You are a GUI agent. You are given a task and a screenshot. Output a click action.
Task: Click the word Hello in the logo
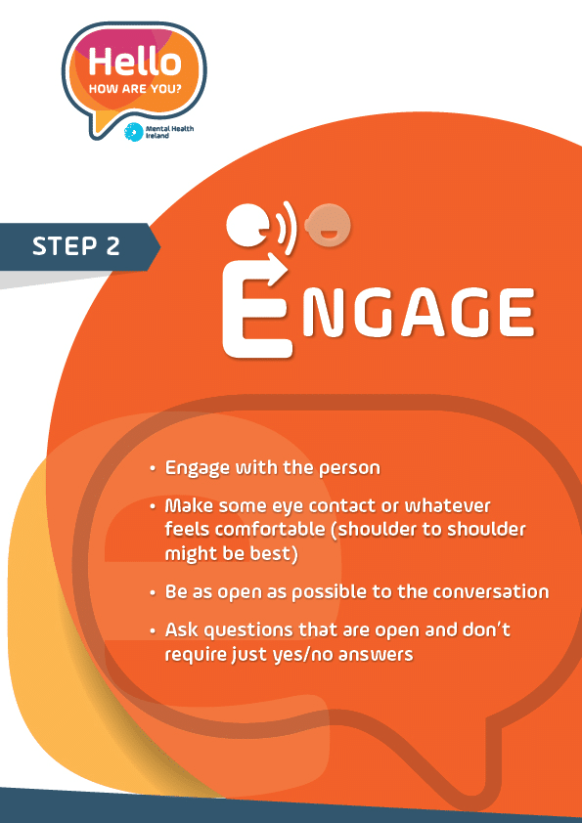click(134, 62)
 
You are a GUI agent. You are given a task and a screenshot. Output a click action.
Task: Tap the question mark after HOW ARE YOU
click(179, 89)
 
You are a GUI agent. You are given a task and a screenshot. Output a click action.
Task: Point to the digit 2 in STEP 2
click(112, 246)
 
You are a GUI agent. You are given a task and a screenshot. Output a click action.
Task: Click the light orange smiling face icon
click(330, 226)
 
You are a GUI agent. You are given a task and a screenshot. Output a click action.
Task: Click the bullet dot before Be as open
click(153, 593)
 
